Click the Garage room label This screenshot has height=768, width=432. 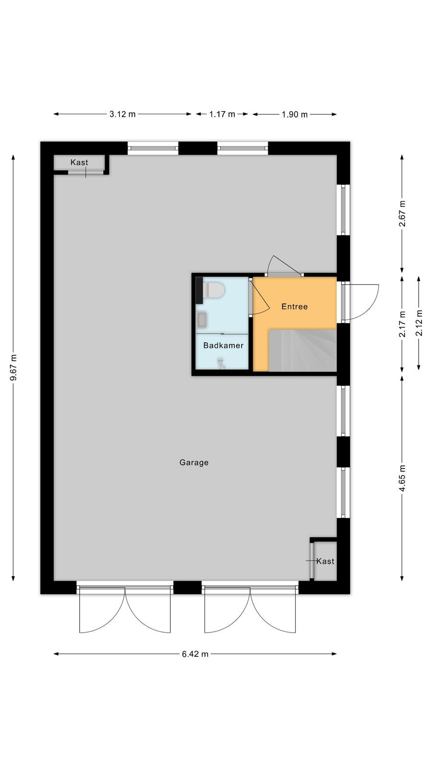[x=194, y=463]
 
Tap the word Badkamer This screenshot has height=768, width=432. [x=223, y=345]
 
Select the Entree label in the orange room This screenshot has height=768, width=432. [x=295, y=307]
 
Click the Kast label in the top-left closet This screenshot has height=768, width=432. [x=79, y=162]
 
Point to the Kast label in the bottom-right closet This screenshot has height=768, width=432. [x=325, y=561]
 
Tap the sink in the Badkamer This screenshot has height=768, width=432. [x=202, y=320]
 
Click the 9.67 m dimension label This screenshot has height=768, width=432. [x=14, y=368]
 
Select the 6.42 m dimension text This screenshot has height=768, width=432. [x=195, y=654]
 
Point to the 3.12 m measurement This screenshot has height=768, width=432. [x=122, y=114]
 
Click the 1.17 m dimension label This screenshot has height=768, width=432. [x=222, y=114]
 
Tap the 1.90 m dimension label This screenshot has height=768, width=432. [x=295, y=115]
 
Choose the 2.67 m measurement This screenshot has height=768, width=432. [x=402, y=214]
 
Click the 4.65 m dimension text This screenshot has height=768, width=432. [x=402, y=478]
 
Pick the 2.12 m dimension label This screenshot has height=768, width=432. [x=419, y=323]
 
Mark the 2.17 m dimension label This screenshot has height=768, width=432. [x=402, y=324]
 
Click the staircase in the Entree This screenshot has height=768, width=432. [x=302, y=350]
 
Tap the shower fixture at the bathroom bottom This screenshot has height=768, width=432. [x=221, y=363]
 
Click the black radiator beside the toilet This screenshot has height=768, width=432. [x=199, y=290]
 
